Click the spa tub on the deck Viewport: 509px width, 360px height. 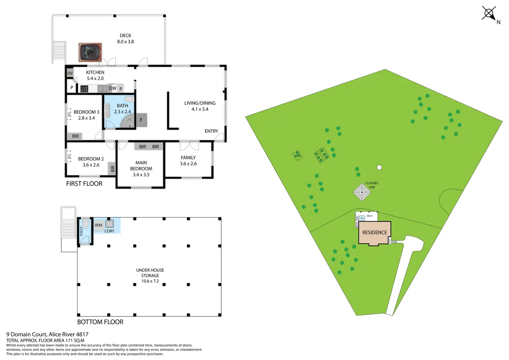pos(90,52)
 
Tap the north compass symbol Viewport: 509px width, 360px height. pos(489,14)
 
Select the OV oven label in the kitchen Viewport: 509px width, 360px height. pos(70,73)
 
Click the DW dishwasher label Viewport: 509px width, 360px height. pos(112,88)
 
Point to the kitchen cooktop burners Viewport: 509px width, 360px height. pos(84,89)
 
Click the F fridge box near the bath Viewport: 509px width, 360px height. pos(141,120)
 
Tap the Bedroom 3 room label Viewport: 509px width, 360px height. pos(86,112)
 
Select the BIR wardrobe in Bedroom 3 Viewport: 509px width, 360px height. pos(75,136)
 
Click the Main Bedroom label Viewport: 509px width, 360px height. pos(141,165)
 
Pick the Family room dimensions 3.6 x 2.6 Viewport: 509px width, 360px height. pos(188,164)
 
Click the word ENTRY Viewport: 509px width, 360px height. pos(211,131)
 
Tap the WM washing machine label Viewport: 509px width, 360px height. pos(99,225)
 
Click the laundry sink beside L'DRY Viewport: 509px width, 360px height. pos(110,223)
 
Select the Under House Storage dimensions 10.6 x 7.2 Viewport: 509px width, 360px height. pos(150,281)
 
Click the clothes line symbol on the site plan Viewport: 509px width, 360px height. pos(362,192)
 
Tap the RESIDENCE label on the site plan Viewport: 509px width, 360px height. pos(374,232)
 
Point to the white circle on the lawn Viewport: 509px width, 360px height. pos(379,167)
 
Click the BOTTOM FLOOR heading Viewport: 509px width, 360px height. pos(100,322)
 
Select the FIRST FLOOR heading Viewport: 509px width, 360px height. pos(84,184)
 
